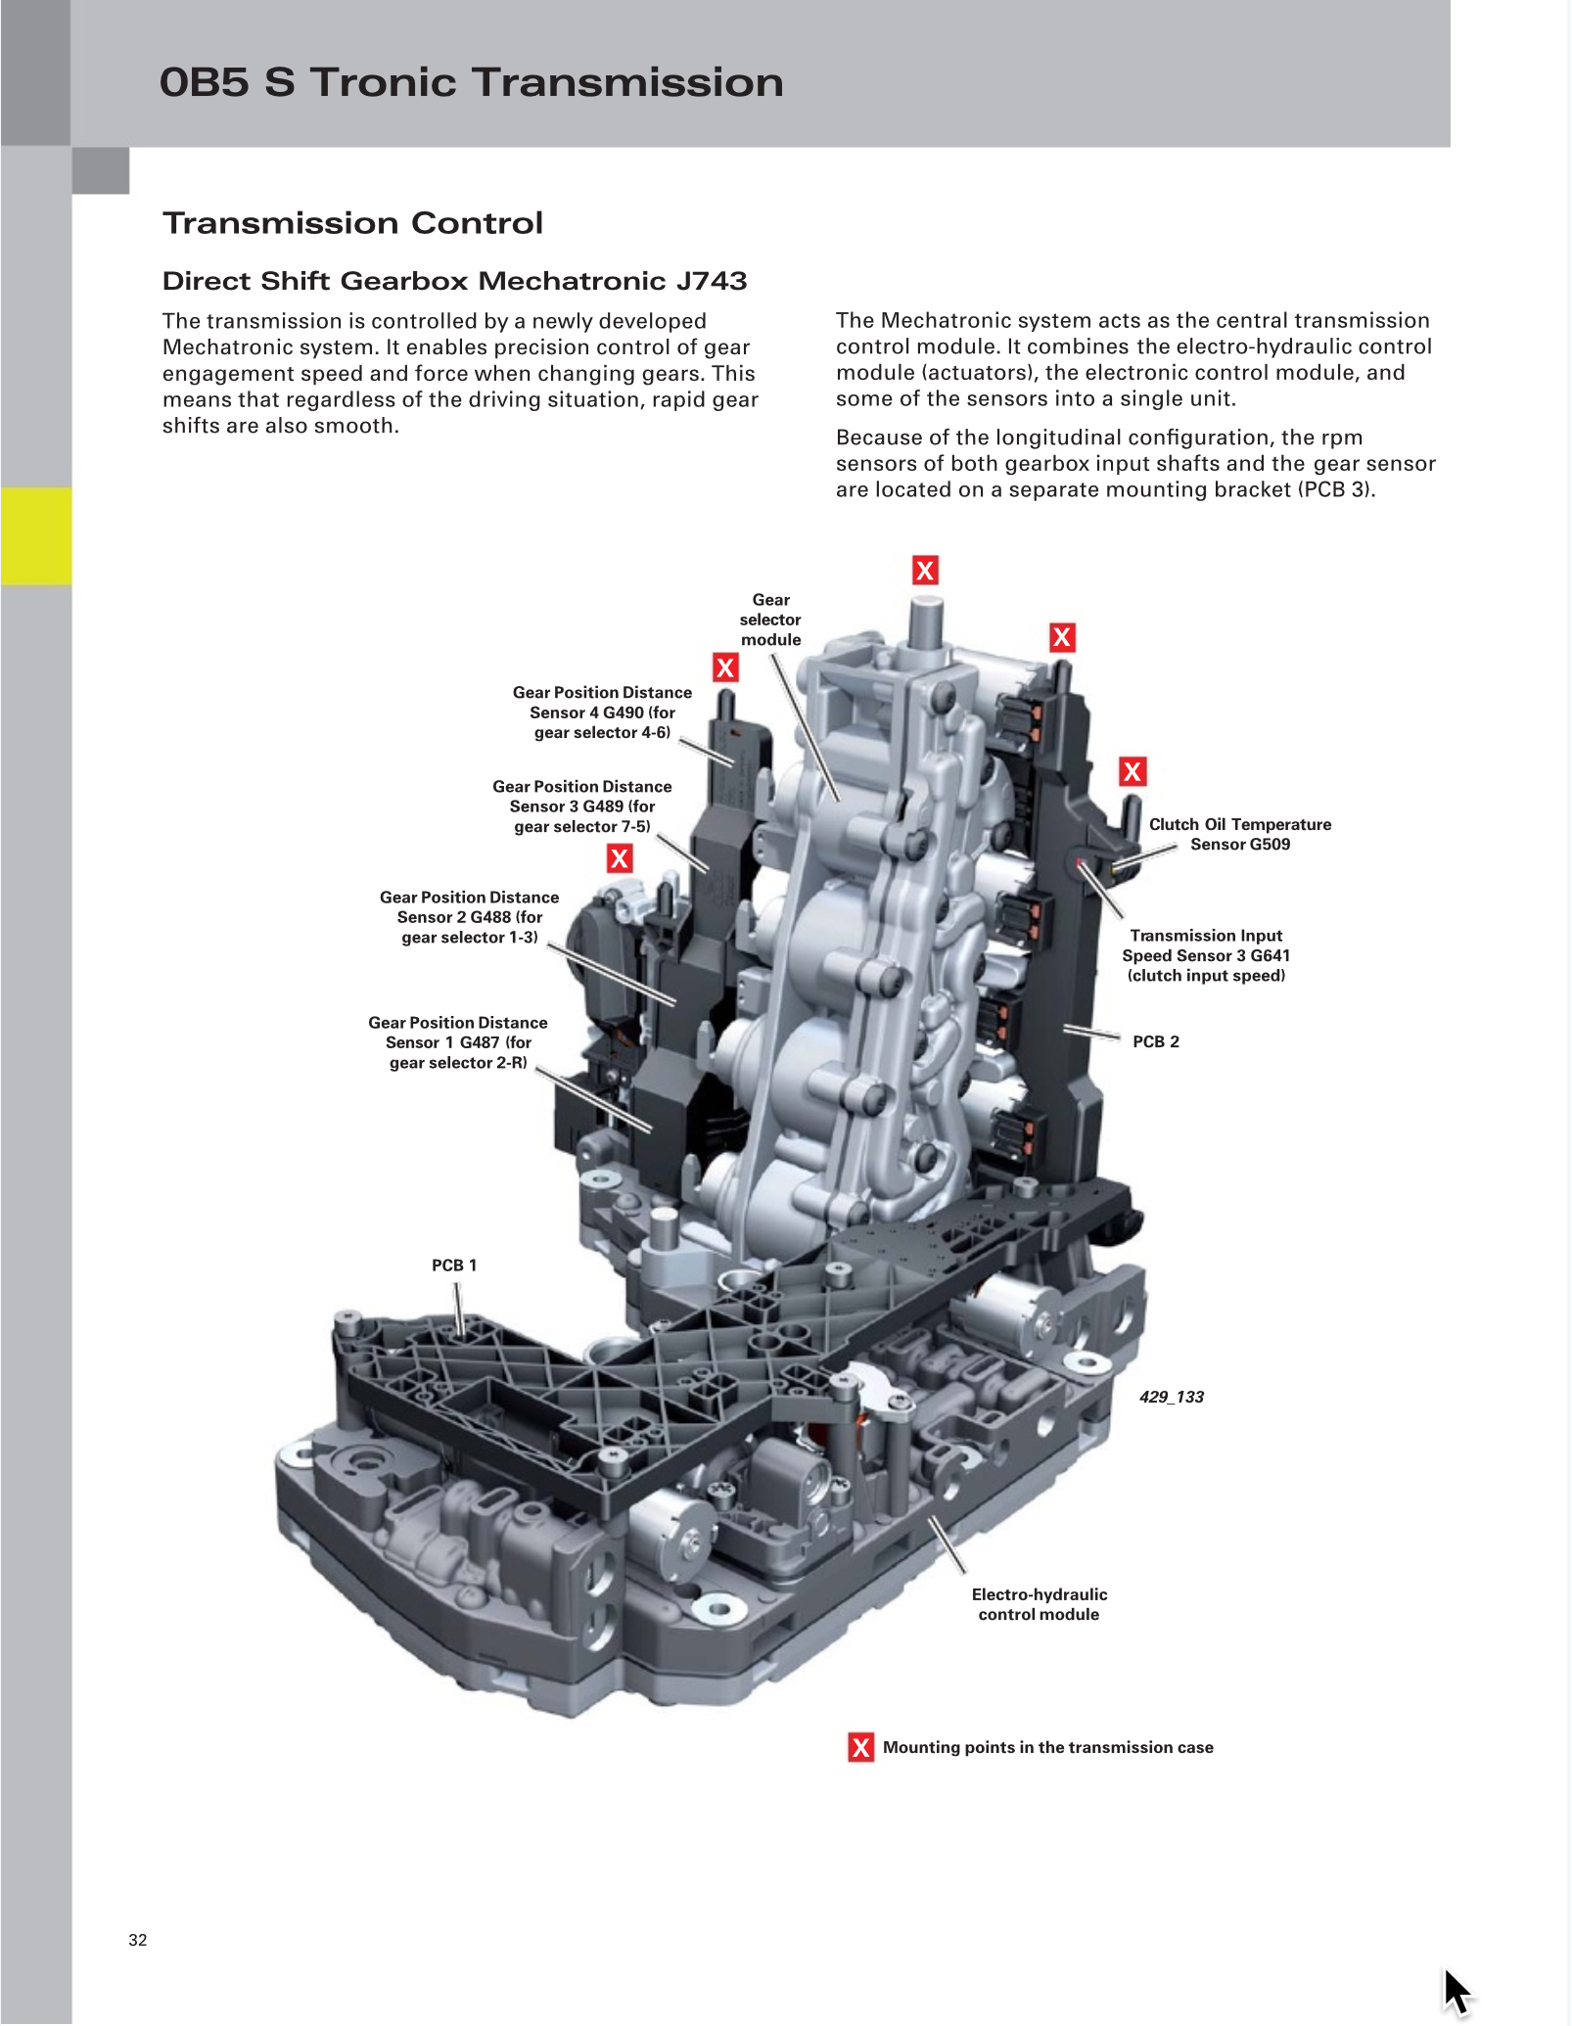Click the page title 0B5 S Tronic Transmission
pyautogui.click(x=471, y=82)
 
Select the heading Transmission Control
pyautogui.click(x=352, y=223)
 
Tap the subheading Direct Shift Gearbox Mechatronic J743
pyautogui.click(x=454, y=281)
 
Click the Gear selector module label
pyautogui.click(x=770, y=620)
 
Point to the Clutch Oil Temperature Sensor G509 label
pyautogui.click(x=1239, y=834)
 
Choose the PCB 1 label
pyautogui.click(x=454, y=1265)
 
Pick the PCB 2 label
pyautogui.click(x=1155, y=1041)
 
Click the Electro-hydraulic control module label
pyautogui.click(x=1039, y=1604)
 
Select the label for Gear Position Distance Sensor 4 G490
pyautogui.click(x=602, y=713)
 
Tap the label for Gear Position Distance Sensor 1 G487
pyautogui.click(x=457, y=1042)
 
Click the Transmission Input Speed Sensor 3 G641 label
pyautogui.click(x=1206, y=955)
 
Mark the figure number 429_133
pyautogui.click(x=1171, y=1397)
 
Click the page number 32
pyautogui.click(x=138, y=1940)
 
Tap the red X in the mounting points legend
pyautogui.click(x=860, y=1747)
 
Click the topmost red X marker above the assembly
pyautogui.click(x=925, y=570)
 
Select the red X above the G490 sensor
pyautogui.click(x=725, y=668)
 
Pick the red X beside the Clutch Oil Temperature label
pyautogui.click(x=1133, y=771)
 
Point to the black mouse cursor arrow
pyautogui.click(x=1456, y=1989)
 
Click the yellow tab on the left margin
pyautogui.click(x=36, y=535)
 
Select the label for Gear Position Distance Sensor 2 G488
pyautogui.click(x=469, y=917)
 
